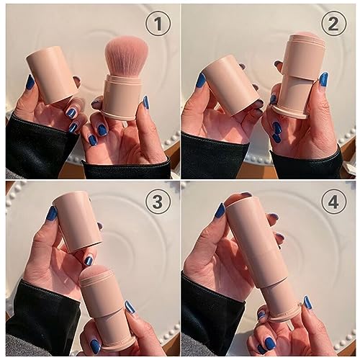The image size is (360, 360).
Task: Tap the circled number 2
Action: pyautogui.click(x=333, y=24)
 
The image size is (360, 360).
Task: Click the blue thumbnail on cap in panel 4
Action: pyautogui.click(x=220, y=210)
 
